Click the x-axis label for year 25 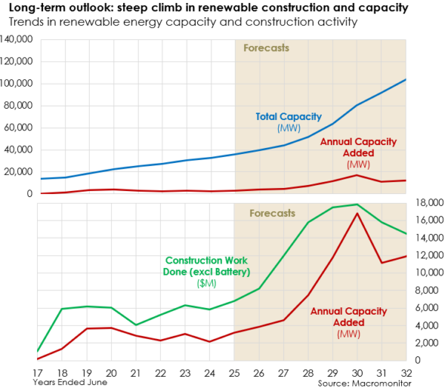coord(234,372)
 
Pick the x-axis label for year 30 coord(357,372)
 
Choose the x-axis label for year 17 coord(37,372)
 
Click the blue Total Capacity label coord(288,116)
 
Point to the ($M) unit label coord(203,284)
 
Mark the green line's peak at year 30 coord(357,204)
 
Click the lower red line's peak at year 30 coord(357,213)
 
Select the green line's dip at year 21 coord(136,325)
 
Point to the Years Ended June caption coord(70,382)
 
